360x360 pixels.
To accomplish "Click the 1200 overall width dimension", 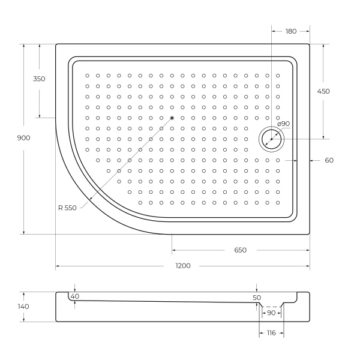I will pyautogui.click(x=183, y=266).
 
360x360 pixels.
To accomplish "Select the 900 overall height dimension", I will pyautogui.click(x=24, y=138).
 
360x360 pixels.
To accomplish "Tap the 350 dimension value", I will pyautogui.click(x=39, y=79).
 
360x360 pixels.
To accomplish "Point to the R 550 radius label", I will pyautogui.click(x=67, y=208).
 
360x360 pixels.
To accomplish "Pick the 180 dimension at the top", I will pyautogui.click(x=291, y=31).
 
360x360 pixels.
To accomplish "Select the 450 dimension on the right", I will pyautogui.click(x=323, y=91).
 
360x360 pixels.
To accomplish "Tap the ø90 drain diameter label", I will pyautogui.click(x=283, y=124).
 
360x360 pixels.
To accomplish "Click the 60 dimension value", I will pyautogui.click(x=329, y=160).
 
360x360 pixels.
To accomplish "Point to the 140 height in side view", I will pyautogui.click(x=24, y=307).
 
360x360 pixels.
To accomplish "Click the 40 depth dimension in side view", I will pyautogui.click(x=74, y=296).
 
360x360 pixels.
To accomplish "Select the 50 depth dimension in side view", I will pyautogui.click(x=257, y=298).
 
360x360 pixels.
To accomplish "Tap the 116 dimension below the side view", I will pyautogui.click(x=271, y=333).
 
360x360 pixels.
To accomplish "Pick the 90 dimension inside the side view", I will pyautogui.click(x=271, y=313).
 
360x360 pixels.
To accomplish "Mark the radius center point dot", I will pyautogui.click(x=172, y=118).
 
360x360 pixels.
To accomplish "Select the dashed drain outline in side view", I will pyautogui.click(x=271, y=307).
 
